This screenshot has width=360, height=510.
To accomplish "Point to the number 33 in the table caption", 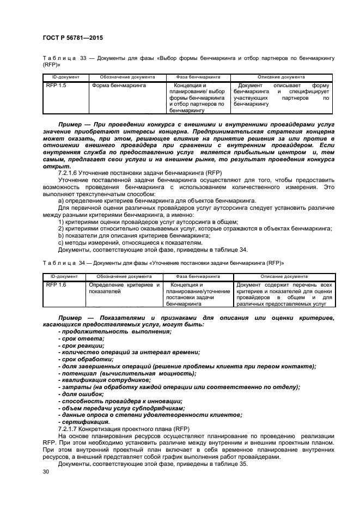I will click(84, 58).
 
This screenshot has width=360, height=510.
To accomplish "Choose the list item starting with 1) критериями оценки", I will click(148, 222).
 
